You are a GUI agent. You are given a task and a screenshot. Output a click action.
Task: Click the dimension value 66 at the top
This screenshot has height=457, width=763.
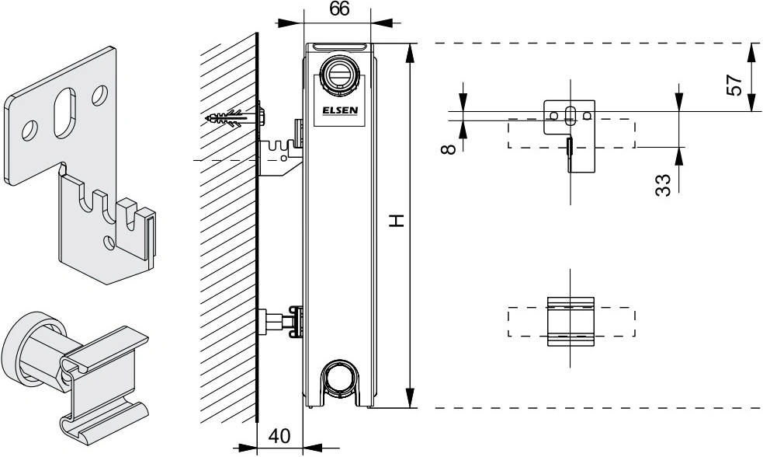(x=339, y=9)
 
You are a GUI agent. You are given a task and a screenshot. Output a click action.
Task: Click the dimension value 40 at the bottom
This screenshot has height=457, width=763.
(x=279, y=436)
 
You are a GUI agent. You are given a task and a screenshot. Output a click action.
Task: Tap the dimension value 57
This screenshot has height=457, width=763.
(x=734, y=84)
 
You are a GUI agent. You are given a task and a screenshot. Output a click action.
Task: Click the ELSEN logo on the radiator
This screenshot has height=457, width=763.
(x=340, y=110)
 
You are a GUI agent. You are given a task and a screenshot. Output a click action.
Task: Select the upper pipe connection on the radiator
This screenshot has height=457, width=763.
(x=339, y=75)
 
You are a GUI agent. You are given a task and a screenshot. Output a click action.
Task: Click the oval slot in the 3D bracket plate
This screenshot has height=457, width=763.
(x=64, y=113)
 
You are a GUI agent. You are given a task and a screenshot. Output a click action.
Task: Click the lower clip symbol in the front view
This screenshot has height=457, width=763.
(x=571, y=322)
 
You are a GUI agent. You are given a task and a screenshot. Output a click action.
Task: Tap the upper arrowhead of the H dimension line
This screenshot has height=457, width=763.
(x=410, y=53)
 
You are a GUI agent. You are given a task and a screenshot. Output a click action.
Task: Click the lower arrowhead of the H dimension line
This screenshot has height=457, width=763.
(x=410, y=398)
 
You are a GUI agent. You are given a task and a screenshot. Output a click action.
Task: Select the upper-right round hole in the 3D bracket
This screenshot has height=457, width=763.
(x=100, y=95)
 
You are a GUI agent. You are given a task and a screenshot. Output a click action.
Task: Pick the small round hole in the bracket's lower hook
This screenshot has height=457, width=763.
(x=109, y=241)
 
